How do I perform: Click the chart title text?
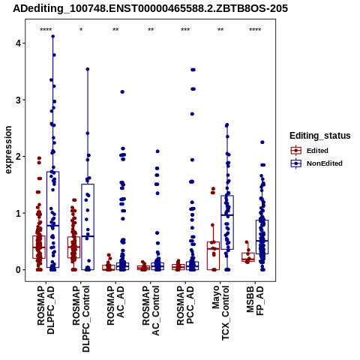[150, 8]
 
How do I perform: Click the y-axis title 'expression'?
[8, 150]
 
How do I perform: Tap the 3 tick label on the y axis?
[17, 100]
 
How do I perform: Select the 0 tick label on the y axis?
[17, 270]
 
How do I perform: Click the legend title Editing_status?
[320, 136]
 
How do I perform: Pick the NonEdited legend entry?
[316, 163]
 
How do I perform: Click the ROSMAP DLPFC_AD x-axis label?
[46, 310]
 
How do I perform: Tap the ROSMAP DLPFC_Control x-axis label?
[81, 319]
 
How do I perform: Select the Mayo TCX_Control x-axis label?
[220, 313]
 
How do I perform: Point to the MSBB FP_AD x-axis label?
[255, 301]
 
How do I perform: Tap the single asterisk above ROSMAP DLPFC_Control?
[81, 30]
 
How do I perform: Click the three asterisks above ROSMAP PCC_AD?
[185, 30]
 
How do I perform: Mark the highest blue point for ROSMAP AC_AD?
[122, 92]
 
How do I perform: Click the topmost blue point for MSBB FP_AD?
[262, 142]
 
